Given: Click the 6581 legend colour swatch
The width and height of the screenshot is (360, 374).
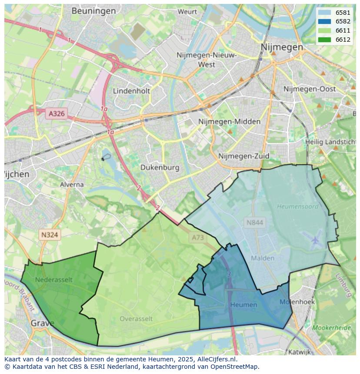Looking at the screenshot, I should pos(324,13).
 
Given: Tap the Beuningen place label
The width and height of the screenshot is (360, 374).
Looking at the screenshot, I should pos(93,11).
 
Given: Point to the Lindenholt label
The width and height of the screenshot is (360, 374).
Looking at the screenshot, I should pos(131,91).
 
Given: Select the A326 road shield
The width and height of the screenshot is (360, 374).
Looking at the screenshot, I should pos(57,114).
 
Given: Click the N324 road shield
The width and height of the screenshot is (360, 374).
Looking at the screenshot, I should pos(50,235).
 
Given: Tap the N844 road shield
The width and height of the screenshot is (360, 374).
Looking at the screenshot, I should pos(254,223).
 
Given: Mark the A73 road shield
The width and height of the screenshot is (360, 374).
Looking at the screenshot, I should pos(197,238).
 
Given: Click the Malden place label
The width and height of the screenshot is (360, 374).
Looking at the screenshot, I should pos(263,258).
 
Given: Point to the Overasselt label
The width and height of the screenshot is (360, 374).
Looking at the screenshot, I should pos(136,319).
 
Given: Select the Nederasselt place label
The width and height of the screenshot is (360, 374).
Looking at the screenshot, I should pos(54,280).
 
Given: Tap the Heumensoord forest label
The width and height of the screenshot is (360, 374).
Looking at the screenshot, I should pos(297,207).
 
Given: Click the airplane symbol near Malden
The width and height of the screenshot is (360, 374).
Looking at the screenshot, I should pos(316,239).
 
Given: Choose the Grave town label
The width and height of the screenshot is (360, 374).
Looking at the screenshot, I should pos(43,324).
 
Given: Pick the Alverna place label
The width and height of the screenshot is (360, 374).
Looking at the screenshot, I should pos(72,185).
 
